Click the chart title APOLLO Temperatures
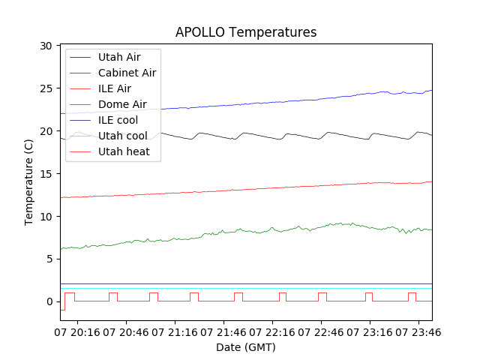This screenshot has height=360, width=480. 246,32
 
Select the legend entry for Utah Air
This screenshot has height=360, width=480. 118,57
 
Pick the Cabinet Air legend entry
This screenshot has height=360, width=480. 127,73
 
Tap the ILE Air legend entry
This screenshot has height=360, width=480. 114,88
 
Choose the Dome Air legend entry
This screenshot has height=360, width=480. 122,104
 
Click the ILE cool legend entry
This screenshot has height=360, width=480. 118,120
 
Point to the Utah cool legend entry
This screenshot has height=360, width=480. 123,136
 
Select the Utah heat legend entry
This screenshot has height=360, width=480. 124,151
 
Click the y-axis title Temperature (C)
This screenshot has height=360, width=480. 29,182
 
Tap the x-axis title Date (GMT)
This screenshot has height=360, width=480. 246,347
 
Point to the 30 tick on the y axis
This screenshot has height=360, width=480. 46,46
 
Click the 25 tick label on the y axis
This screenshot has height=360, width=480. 46,88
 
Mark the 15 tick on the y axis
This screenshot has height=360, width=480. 46,174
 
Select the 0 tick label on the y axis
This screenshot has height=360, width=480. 49,301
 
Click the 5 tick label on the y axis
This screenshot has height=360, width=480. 49,259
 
